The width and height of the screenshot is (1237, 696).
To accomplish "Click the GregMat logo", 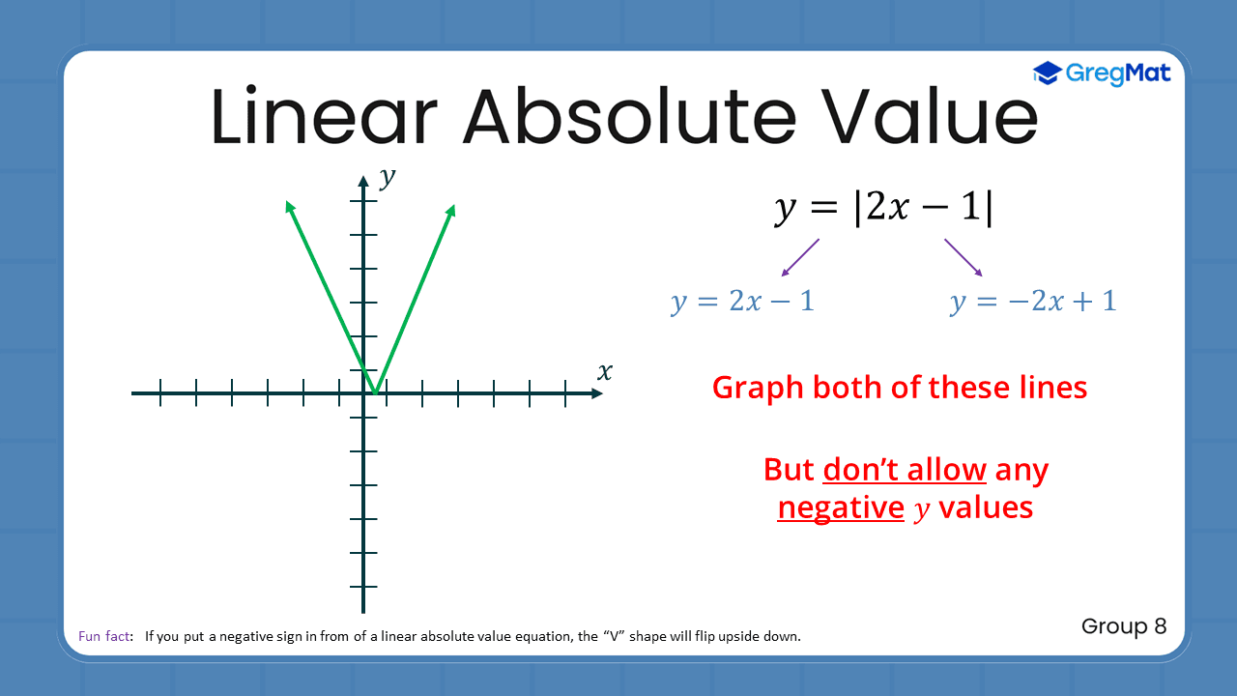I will [x=1102, y=72].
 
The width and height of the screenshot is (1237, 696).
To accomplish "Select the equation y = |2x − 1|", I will [x=883, y=208].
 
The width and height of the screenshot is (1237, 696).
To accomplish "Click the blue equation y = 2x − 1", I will [x=742, y=301].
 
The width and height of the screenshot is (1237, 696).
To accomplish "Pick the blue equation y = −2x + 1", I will [x=1033, y=301].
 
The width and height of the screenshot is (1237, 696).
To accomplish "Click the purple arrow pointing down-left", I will [x=800, y=258].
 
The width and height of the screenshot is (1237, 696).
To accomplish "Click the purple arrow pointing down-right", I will [x=964, y=258].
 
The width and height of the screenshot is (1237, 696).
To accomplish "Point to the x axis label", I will [x=605, y=371].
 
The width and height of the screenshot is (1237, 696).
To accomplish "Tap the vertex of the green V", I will [x=374, y=392].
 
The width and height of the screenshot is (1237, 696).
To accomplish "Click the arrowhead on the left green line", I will [x=288, y=205].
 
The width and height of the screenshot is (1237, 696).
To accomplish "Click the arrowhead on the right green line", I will [x=451, y=209].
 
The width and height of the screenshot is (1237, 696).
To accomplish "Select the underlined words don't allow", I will [x=905, y=470].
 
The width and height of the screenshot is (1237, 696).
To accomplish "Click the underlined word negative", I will [x=840, y=507].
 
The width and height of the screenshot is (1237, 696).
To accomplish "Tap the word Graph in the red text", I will [x=758, y=388].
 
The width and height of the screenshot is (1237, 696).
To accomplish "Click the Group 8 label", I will [x=1124, y=626].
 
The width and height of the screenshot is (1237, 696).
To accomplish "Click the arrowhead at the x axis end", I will [x=595, y=392].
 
